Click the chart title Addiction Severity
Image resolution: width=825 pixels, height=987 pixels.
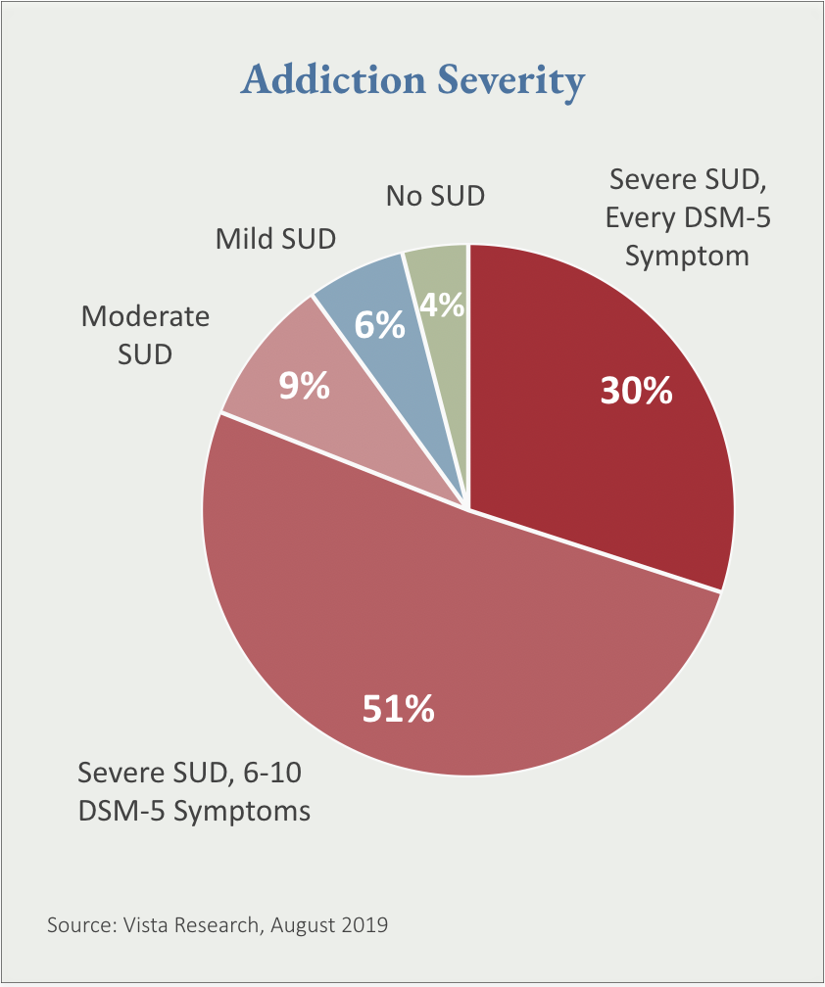point(412,80)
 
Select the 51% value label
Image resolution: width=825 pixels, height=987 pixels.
point(398,708)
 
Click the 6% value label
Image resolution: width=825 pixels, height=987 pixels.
point(379,325)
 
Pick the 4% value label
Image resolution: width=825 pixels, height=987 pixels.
point(442,305)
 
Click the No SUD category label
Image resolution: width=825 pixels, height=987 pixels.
point(435,195)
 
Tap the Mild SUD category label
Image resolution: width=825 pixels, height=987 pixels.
point(275,238)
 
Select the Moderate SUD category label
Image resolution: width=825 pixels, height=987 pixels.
point(145,334)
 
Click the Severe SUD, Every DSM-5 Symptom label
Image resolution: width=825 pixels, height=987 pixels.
point(688,218)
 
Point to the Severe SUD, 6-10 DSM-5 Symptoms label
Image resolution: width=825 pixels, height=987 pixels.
point(194,792)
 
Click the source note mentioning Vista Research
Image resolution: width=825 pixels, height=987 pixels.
point(218,924)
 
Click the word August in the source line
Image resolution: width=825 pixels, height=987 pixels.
point(300,925)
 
